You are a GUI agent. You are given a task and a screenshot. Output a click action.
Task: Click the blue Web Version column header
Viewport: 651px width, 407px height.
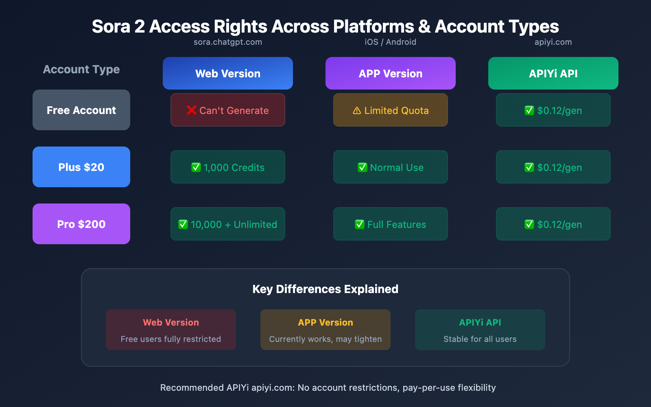tap(228, 73)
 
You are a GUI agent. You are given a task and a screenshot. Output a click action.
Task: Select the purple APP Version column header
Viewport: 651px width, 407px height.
tap(391, 73)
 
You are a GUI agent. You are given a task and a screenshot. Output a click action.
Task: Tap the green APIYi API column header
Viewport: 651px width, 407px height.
tap(553, 73)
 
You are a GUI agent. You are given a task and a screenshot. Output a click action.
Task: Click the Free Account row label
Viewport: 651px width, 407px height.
tap(81, 110)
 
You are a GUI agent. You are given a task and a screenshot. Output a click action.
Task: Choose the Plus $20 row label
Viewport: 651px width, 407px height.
tap(81, 167)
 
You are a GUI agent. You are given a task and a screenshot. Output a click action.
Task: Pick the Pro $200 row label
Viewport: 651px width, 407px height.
tap(81, 224)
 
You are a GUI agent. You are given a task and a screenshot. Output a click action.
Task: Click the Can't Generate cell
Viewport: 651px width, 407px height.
tap(228, 110)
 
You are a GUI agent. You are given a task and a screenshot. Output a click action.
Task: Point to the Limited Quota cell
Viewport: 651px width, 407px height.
tap(391, 110)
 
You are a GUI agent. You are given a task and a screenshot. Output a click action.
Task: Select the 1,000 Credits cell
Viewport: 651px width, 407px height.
tap(228, 167)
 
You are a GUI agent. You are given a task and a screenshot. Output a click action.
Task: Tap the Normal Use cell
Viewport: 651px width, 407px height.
tap(391, 167)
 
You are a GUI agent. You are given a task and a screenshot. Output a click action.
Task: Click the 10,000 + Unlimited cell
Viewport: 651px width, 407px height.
tap(228, 224)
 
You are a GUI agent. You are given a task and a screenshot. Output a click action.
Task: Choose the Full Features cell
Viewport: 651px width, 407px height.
tap(391, 224)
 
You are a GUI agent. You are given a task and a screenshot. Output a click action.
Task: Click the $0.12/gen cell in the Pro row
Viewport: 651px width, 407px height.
tap(553, 224)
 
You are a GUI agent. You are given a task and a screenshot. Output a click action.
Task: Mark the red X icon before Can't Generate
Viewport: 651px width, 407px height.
tap(192, 110)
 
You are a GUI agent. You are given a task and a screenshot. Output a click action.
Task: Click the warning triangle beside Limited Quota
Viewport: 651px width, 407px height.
tap(357, 110)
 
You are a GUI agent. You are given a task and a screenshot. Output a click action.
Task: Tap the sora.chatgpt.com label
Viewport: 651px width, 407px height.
tap(228, 42)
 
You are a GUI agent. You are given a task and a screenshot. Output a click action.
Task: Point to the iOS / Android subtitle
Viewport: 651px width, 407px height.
tap(391, 42)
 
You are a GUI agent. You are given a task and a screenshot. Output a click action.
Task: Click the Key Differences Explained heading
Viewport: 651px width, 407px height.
tap(325, 289)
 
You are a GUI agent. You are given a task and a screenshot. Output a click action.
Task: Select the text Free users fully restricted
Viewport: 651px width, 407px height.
tap(171, 339)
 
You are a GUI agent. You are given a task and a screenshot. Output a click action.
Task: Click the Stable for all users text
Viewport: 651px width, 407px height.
tap(480, 339)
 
